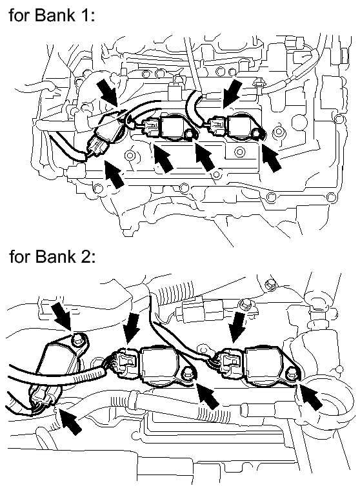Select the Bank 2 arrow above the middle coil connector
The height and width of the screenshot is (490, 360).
132,327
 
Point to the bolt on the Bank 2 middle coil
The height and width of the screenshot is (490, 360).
188,373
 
